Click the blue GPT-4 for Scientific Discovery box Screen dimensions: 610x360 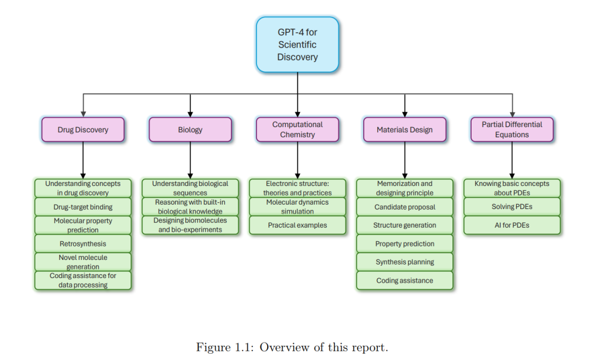point(297,45)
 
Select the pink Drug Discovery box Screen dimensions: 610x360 point(83,129)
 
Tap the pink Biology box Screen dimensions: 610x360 point(190,129)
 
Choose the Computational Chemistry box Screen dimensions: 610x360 point(298,129)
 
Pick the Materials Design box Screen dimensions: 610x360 point(404,129)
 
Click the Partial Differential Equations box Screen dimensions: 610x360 point(512,129)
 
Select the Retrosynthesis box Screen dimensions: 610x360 point(83,244)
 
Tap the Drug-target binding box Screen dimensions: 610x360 point(83,207)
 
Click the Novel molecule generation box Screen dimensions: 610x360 point(83,262)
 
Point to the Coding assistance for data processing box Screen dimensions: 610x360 point(83,280)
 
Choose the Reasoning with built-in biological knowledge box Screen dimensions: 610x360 point(190,207)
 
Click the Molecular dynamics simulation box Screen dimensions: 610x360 point(298,207)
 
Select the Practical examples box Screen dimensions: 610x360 point(298,225)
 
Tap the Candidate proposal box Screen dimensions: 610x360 point(404,207)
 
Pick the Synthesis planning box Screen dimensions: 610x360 point(404,262)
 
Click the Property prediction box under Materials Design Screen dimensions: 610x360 point(404,244)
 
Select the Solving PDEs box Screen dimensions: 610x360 point(512,207)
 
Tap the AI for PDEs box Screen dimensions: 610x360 point(512,225)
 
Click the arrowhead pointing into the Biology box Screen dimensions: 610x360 point(190,114)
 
